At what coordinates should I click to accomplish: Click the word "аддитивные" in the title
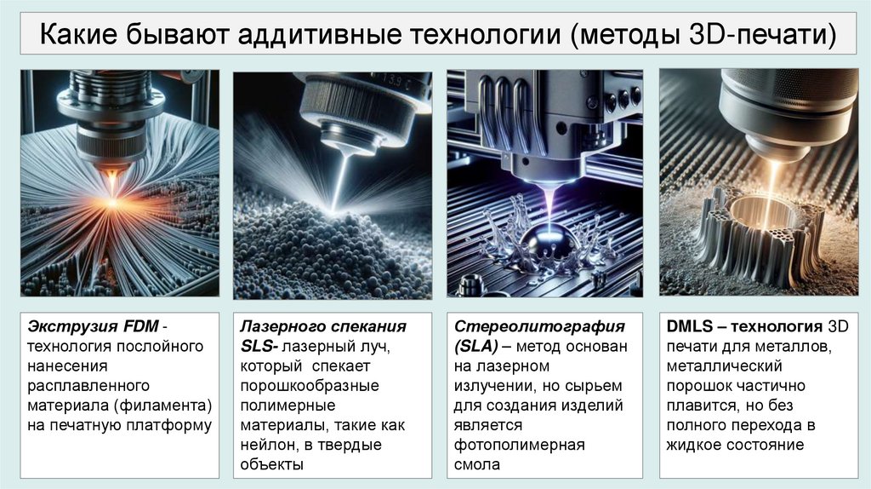[319, 34]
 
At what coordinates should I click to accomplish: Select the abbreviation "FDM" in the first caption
[141, 326]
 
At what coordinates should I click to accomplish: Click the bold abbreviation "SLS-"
[259, 346]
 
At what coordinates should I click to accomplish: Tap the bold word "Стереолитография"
[539, 326]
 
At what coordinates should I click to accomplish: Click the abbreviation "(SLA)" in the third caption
[475, 347]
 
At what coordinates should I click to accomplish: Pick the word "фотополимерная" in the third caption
[520, 445]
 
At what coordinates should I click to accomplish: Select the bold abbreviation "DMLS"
[689, 326]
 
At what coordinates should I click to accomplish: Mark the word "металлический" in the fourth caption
[725, 366]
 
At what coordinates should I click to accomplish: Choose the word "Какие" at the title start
[77, 34]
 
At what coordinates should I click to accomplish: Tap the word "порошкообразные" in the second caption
[310, 386]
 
